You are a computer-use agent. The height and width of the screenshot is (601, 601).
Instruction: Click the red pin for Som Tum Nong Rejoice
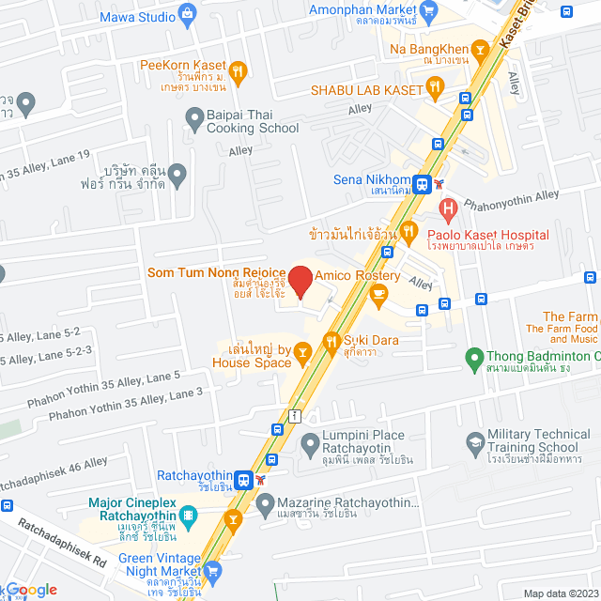click(300, 281)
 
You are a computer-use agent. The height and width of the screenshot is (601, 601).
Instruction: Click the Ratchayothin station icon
click(243, 479)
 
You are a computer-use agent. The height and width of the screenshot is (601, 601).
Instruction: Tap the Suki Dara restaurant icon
click(331, 342)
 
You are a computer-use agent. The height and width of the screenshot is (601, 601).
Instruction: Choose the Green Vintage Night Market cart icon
click(213, 570)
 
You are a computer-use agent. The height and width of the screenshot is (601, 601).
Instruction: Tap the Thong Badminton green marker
click(473, 357)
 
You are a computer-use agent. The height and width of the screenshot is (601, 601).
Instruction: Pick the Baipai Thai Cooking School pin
click(194, 119)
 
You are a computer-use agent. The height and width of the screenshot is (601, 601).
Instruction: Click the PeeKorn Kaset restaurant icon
click(239, 69)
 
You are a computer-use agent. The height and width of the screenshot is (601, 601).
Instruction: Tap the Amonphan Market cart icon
click(429, 12)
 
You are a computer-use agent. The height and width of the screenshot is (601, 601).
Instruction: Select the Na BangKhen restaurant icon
click(480, 46)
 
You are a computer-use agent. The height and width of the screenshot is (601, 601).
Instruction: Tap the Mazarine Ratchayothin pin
click(236, 502)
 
